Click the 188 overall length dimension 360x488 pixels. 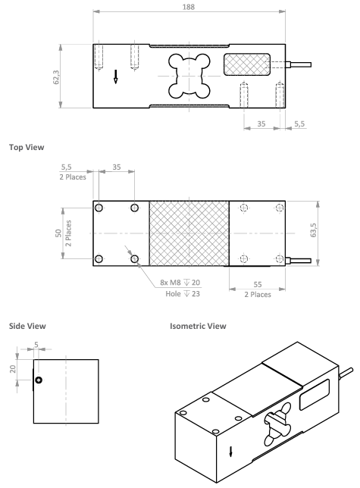pyautogui.click(x=189, y=7)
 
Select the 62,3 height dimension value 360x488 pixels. pyautogui.click(x=56, y=77)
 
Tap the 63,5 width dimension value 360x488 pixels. pyautogui.click(x=313, y=230)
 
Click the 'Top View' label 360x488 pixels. pyautogui.click(x=27, y=147)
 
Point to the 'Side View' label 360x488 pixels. pyautogui.click(x=27, y=326)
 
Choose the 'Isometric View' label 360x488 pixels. pyautogui.click(x=198, y=326)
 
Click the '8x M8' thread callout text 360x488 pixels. pyautogui.click(x=171, y=283)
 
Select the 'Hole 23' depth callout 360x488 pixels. pyautogui.click(x=183, y=293)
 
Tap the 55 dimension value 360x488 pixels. pyautogui.click(x=258, y=284)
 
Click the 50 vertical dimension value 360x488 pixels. pyautogui.click(x=58, y=233)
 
